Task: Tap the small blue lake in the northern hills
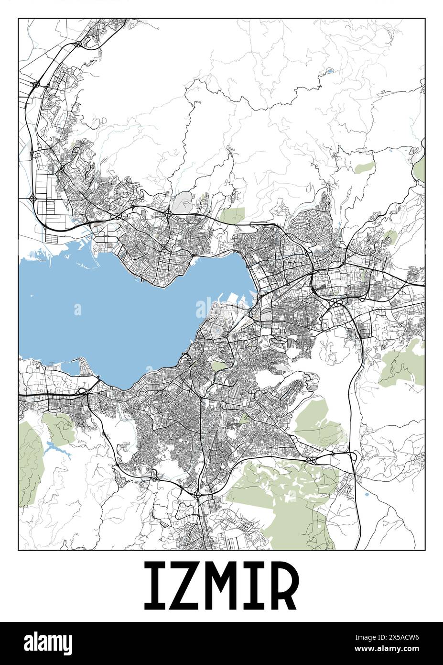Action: point(329,71)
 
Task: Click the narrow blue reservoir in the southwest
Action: point(54,448)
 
